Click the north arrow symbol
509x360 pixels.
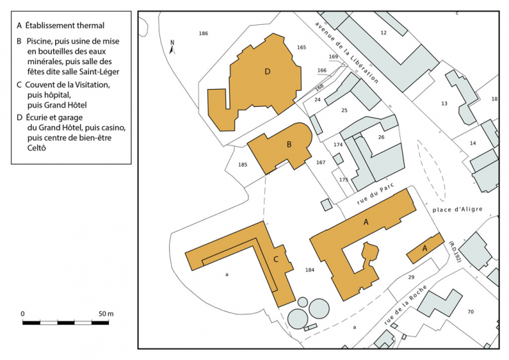172,47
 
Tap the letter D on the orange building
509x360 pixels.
268,72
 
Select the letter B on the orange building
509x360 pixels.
289,144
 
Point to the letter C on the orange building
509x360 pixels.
276,259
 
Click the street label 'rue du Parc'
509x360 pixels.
375,194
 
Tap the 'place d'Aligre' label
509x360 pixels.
457,210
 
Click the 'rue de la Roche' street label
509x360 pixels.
405,305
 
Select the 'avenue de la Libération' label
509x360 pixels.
347,52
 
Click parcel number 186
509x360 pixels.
203,33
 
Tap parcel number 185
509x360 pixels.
243,165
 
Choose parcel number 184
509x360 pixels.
310,270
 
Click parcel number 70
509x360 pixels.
470,312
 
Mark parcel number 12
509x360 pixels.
383,32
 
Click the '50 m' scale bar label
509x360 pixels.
106,314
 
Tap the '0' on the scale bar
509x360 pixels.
22,314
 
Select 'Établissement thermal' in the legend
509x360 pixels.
65,26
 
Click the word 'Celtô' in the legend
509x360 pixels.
37,148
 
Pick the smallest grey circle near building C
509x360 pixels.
303,302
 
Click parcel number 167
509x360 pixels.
321,162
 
